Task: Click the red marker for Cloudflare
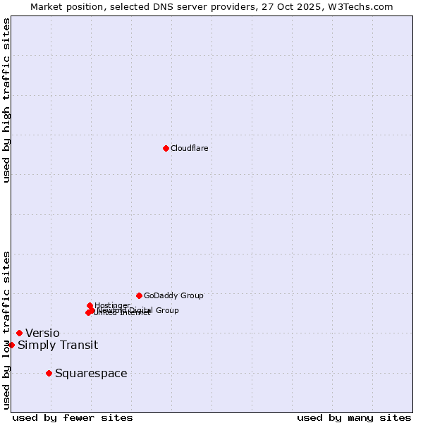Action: [x=166, y=148]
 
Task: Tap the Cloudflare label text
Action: [x=189, y=148]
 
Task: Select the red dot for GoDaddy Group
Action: [x=139, y=295]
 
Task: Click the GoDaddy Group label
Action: [x=173, y=295]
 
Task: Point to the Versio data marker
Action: [x=19, y=333]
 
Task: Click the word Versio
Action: [x=42, y=333]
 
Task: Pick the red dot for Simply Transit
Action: [x=11, y=345]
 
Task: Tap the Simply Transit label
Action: [x=58, y=345]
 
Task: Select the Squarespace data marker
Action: [x=49, y=373]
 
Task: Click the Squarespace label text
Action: [x=91, y=374]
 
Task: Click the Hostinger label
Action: [x=112, y=305]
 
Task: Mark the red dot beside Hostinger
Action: [x=90, y=305]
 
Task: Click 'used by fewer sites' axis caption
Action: [x=73, y=418]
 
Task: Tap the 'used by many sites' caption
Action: [x=354, y=418]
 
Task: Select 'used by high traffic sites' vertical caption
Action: [x=6, y=100]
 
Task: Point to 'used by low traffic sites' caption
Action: [x=6, y=330]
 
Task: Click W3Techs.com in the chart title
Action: [x=358, y=6]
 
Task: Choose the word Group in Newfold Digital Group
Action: [x=166, y=310]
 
